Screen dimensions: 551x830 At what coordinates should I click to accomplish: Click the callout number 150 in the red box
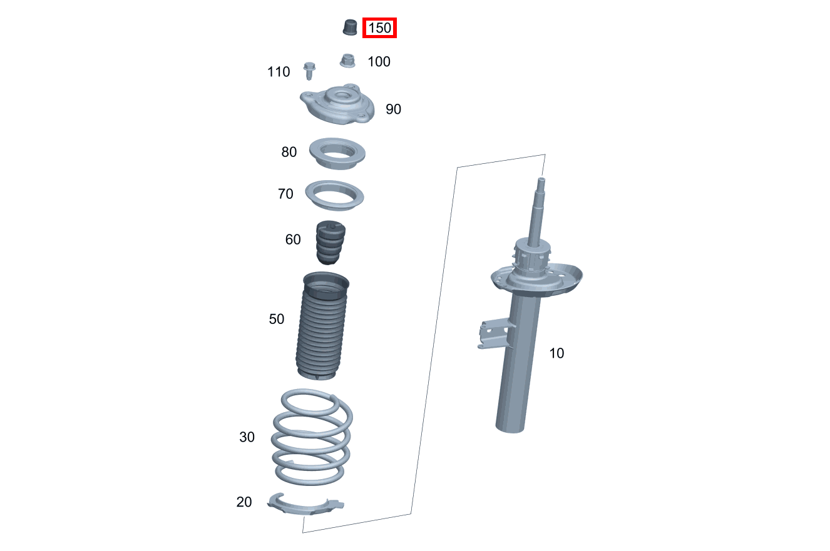[x=379, y=28]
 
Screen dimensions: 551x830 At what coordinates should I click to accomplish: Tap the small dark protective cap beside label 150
[x=350, y=27]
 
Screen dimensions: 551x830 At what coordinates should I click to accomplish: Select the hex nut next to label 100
[x=347, y=61]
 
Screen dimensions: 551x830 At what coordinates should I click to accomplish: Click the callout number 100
[x=379, y=61]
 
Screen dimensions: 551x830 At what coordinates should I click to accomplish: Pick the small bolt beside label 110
[x=309, y=70]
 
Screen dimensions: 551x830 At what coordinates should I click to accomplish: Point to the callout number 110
[x=279, y=72]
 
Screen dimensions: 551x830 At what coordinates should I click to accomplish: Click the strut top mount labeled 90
[x=338, y=106]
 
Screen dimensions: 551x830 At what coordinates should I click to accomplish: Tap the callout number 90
[x=393, y=109]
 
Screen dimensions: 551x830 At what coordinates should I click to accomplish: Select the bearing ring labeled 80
[x=338, y=153]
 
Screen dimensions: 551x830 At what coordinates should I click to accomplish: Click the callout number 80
[x=289, y=152]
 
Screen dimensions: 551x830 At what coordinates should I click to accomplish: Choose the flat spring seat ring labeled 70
[x=335, y=196]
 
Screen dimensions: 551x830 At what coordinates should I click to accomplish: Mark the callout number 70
[x=285, y=195]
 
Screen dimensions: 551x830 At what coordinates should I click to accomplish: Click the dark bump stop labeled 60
[x=329, y=242]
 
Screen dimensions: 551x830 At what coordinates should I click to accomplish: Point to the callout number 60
[x=293, y=240]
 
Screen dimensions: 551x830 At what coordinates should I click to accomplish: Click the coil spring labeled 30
[x=311, y=438]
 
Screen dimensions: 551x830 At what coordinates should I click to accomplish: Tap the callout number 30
[x=247, y=437]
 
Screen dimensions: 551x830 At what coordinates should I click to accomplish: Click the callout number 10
[x=556, y=353]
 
